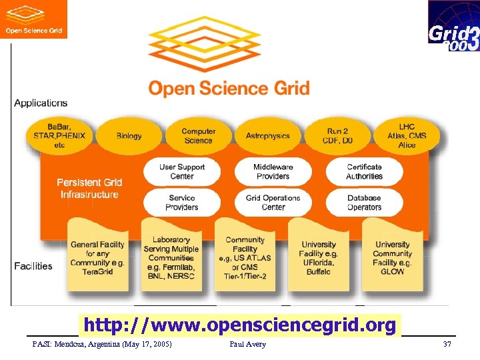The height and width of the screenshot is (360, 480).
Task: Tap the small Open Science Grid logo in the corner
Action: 33,19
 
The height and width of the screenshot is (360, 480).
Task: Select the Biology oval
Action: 129,136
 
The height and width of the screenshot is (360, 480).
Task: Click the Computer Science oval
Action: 198,136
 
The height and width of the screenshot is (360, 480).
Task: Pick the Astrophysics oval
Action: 267,136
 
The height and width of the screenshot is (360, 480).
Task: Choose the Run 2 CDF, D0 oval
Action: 337,136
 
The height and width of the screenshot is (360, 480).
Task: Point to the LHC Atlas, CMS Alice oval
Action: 407,136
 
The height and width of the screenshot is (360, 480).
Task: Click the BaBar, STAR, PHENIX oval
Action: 59,136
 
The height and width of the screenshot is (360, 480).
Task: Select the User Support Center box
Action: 182,171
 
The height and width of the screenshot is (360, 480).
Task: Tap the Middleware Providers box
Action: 273,171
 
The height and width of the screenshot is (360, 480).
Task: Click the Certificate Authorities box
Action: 364,171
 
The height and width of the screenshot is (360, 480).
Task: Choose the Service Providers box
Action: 182,203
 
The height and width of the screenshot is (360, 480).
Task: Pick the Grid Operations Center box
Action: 273,203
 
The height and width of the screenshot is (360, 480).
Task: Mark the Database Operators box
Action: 364,203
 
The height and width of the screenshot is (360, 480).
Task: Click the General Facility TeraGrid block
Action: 98,257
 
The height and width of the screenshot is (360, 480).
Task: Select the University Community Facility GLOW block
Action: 393,257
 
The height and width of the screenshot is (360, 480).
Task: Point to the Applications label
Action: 41,103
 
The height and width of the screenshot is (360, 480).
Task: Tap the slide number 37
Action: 447,344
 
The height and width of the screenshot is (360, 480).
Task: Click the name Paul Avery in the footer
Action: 247,344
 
